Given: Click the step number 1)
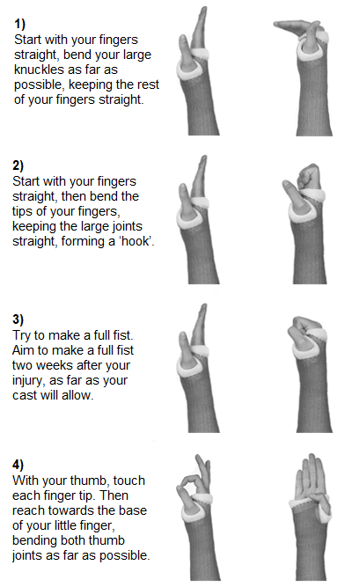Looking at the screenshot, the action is coord(20,24).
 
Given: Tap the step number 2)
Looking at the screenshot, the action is coord(18,165).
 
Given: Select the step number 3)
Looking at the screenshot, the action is coord(18,319).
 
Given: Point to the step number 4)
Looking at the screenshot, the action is coord(18,465).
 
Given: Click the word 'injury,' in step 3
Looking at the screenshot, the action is coord(29,381).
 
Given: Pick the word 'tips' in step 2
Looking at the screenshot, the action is coord(22,211).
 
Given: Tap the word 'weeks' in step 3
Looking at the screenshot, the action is coord(55,365).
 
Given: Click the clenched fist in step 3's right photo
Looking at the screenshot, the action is coord(305,326).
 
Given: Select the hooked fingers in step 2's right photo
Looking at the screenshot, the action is coord(309,177).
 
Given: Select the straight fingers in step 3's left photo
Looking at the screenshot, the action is coord(199,325).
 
